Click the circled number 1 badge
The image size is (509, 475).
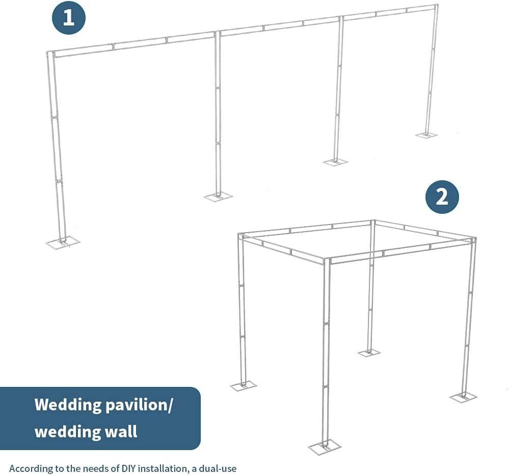pos(68,17)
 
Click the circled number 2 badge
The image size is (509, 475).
pos(442,197)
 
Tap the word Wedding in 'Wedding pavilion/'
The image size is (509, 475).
pos(68,405)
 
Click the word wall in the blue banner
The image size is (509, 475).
pos(123,432)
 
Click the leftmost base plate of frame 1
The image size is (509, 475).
pos(63,243)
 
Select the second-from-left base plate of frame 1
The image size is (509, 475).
pos(218,197)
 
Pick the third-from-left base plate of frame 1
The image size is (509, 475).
pos(335,162)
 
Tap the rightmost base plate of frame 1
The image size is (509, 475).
pos(426,135)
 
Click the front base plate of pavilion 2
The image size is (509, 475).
pos(324,448)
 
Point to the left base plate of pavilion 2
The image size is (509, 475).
pos(244,386)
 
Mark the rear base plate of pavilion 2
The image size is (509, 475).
pos(369,353)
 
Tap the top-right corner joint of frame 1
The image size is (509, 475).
pos(436,7)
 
